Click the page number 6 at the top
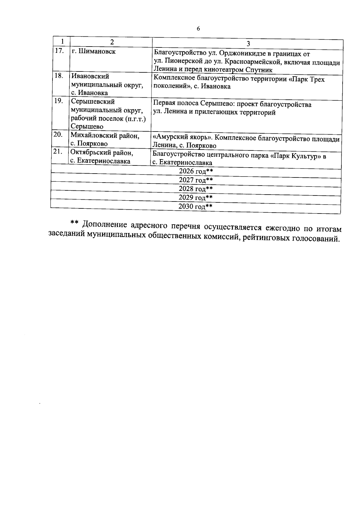point(198,29)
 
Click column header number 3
point(248,44)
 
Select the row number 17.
point(59,51)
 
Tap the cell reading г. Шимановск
point(94,51)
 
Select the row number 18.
point(59,76)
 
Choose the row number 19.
point(58,101)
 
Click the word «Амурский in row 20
point(167,138)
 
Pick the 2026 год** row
point(196,171)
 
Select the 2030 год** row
point(195,207)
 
